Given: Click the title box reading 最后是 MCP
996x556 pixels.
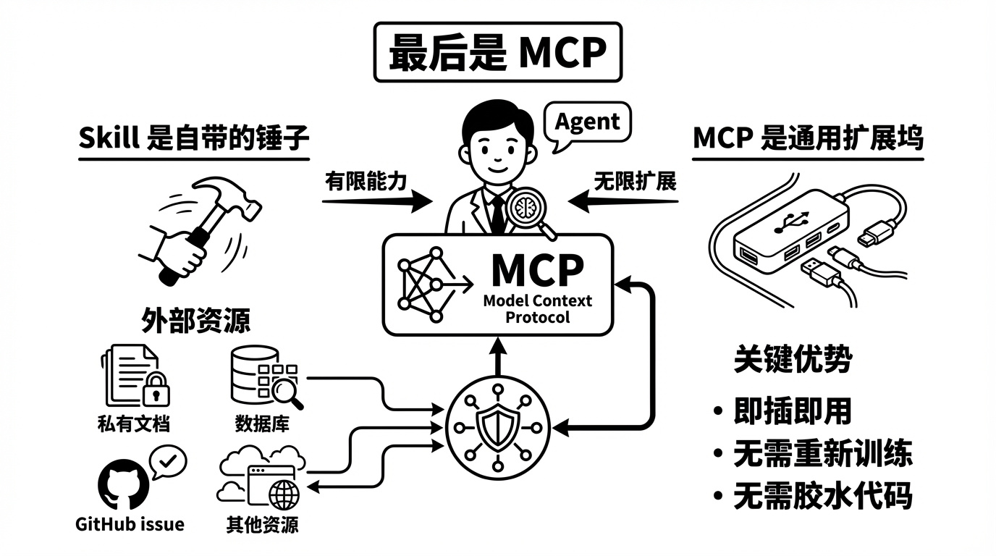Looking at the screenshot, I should tap(497, 52).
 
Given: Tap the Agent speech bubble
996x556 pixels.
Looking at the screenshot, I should tap(587, 122).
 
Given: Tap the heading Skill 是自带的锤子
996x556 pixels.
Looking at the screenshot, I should tap(193, 138).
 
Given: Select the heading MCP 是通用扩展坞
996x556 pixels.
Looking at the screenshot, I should tap(808, 138).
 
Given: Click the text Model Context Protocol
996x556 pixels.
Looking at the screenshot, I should tap(537, 308).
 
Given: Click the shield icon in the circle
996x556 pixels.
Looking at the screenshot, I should tap(497, 425).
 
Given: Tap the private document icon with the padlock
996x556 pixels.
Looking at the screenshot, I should tap(135, 376).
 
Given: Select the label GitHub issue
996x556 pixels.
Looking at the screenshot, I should tap(130, 523).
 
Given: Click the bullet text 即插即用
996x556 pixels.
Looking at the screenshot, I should tap(792, 411).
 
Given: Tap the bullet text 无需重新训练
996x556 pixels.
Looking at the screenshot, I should tap(822, 454).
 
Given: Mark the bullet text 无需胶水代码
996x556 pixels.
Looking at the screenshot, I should tap(822, 497).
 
